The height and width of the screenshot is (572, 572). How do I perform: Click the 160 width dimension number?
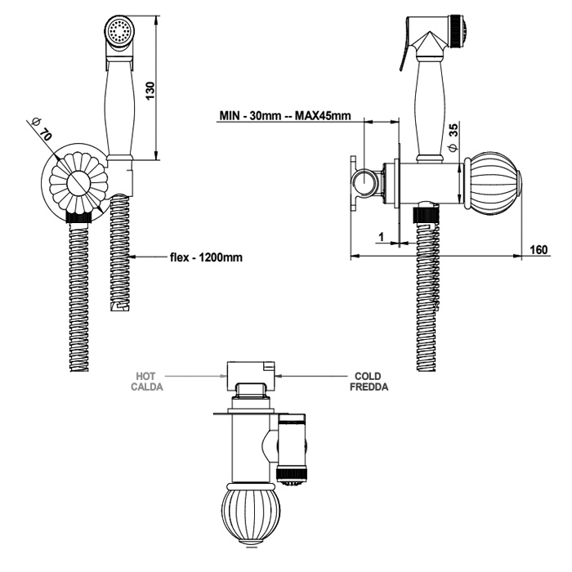[536, 249]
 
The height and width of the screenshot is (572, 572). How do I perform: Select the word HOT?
[147, 377]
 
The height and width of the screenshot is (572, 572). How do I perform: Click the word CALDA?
[147, 387]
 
